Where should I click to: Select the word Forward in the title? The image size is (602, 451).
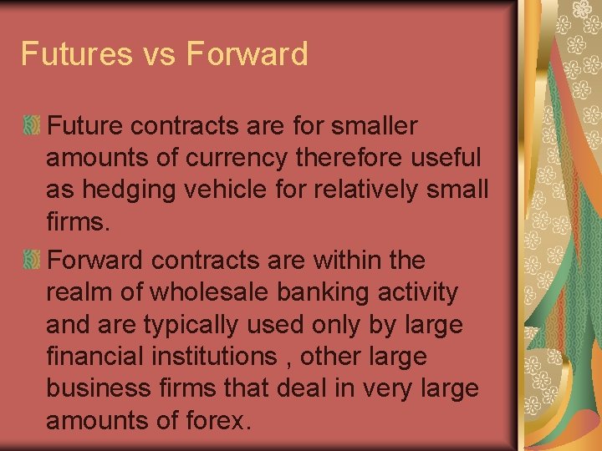pos(247,54)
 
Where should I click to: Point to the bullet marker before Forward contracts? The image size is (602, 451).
pos(32,261)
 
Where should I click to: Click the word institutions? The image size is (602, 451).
pos(219,357)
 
